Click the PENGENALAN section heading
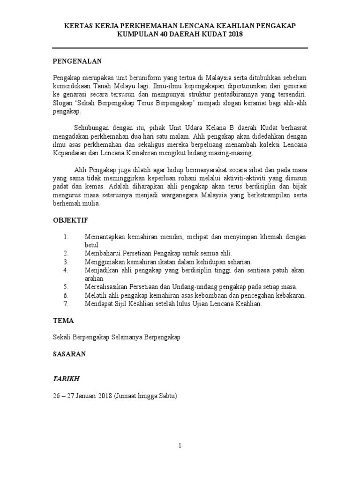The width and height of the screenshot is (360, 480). pyautogui.click(x=77, y=61)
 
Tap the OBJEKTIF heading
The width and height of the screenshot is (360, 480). pyautogui.click(x=70, y=220)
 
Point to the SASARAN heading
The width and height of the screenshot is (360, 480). pyautogui.click(x=69, y=354)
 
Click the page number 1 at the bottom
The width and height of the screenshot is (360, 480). pyautogui.click(x=180, y=446)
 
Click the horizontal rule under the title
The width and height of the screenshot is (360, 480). pyautogui.click(x=180, y=47)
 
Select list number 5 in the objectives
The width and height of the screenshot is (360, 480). pyautogui.click(x=66, y=287)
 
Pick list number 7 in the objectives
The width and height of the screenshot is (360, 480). pyautogui.click(x=66, y=304)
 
